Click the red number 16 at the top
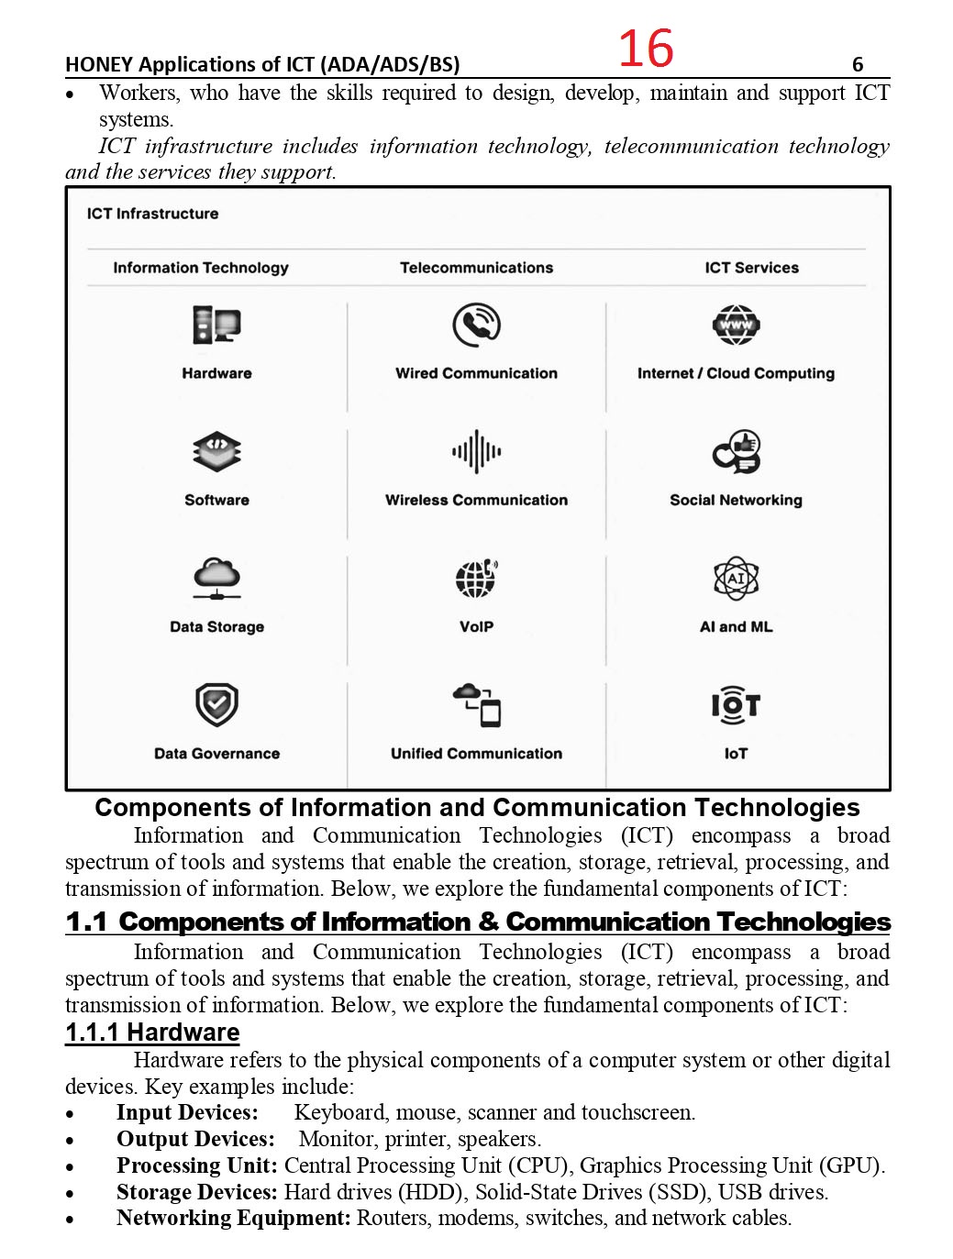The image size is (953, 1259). pyautogui.click(x=646, y=49)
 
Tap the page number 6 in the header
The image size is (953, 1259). pyautogui.click(x=858, y=64)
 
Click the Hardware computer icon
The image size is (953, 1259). pyautogui.click(x=216, y=326)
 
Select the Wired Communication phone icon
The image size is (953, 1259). pyautogui.click(x=476, y=326)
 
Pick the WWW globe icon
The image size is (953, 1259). pyautogui.click(x=736, y=326)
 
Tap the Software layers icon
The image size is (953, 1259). pyautogui.click(x=216, y=452)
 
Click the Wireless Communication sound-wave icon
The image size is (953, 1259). pyautogui.click(x=476, y=452)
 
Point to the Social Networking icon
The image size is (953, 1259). pyautogui.click(x=736, y=452)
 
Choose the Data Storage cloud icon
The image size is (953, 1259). pyautogui.click(x=216, y=579)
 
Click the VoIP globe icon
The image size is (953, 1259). pyautogui.click(x=476, y=579)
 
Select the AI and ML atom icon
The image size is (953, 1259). pyautogui.click(x=736, y=579)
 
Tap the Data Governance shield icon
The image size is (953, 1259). pyautogui.click(x=216, y=705)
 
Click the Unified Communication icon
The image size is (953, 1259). pyautogui.click(x=476, y=705)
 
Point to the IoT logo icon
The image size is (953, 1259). pyautogui.click(x=736, y=705)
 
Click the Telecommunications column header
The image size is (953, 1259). pyautogui.click(x=476, y=268)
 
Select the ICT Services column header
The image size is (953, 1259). pyautogui.click(x=751, y=268)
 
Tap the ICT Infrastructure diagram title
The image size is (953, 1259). pyautogui.click(x=152, y=214)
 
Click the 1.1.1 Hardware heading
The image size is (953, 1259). pyautogui.click(x=152, y=1033)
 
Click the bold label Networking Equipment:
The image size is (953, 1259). pyautogui.click(x=233, y=1218)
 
